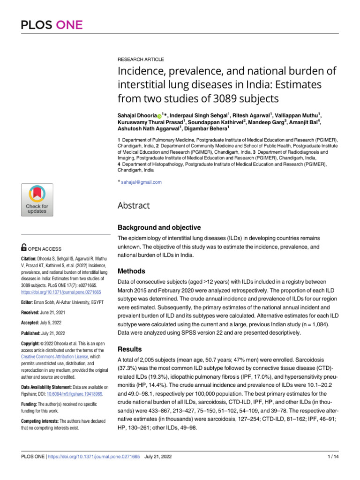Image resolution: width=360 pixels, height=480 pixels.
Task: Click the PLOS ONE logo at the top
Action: point(52,25)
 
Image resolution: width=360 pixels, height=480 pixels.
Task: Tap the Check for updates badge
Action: point(37,199)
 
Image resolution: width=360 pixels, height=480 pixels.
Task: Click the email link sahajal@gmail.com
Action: point(141,182)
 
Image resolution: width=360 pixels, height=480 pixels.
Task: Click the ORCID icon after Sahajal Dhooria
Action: point(159,115)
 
